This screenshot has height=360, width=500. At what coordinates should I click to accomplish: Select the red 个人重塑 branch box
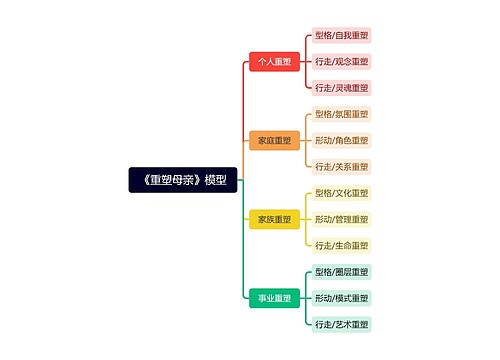(274, 62)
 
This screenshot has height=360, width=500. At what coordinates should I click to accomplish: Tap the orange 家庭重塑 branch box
(274, 140)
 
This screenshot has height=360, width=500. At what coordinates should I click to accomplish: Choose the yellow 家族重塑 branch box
(274, 219)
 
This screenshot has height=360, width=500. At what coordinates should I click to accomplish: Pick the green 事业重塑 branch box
(274, 298)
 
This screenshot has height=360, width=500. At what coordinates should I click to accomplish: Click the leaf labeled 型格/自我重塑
(341, 35)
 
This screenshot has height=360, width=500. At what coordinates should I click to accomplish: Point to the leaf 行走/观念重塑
(341, 62)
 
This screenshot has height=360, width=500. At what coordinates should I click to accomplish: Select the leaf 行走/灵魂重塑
(341, 88)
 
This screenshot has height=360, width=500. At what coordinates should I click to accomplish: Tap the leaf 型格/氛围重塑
(341, 114)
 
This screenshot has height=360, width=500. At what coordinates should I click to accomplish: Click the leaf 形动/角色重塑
(341, 140)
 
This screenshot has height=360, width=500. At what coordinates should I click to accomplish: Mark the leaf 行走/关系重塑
(341, 167)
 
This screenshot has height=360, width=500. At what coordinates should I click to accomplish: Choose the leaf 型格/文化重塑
(341, 193)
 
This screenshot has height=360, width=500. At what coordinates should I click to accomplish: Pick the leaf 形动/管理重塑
(341, 219)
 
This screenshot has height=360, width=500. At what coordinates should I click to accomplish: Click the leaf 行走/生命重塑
(341, 245)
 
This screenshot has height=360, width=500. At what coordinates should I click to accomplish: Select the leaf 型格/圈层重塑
(341, 272)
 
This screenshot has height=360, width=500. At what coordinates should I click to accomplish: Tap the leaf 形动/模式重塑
(341, 298)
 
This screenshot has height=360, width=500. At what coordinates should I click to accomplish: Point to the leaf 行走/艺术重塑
(341, 324)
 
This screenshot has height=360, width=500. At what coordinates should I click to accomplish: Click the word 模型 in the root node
(215, 180)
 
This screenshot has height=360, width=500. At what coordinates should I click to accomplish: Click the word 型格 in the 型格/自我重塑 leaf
(323, 35)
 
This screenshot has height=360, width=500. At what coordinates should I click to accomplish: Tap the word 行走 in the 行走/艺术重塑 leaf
(323, 324)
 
